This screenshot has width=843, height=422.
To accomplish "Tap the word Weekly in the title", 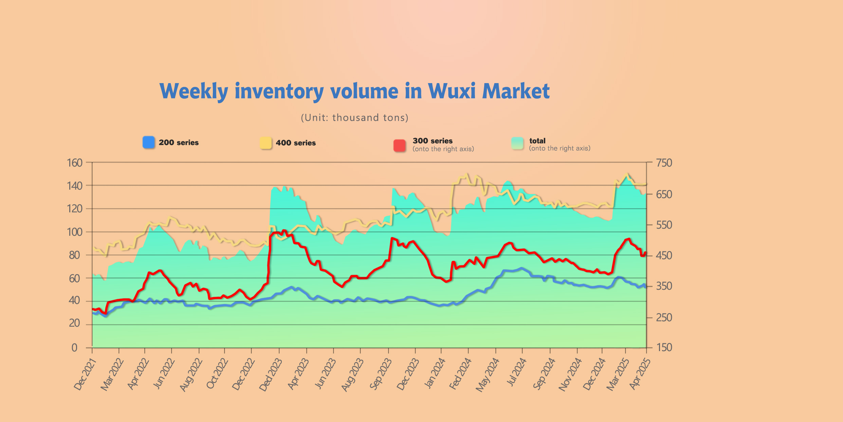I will pos(194,92).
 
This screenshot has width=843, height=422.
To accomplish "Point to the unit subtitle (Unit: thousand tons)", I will pos(354,117).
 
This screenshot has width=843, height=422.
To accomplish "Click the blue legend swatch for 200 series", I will pos(149,142).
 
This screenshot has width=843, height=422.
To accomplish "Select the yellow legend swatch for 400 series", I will pos(265,143).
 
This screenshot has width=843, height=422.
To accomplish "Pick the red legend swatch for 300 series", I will pos(399,146).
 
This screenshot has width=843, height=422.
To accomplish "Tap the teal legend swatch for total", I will pos(517,143).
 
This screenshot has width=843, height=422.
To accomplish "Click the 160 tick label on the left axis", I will pos(75,163).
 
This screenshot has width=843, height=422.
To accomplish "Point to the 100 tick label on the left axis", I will pos(75,232).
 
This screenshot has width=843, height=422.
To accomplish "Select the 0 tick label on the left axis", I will pos(74,348).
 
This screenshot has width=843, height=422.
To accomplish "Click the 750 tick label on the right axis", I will pos(664,163).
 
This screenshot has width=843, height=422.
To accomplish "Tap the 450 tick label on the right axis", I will pos(664,255).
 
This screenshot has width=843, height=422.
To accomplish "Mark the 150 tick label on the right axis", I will pos(664,347).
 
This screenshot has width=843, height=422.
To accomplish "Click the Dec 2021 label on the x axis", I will pos(85,375).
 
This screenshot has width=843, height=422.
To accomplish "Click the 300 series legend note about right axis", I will pos(443,149).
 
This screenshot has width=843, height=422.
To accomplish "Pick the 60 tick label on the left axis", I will pos(74,279).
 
